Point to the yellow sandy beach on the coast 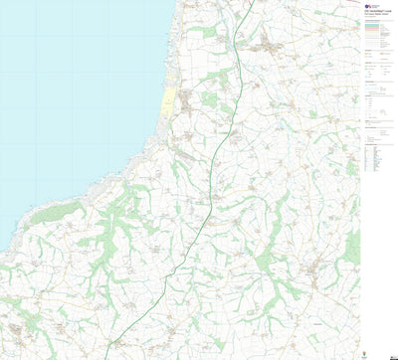[166, 103]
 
